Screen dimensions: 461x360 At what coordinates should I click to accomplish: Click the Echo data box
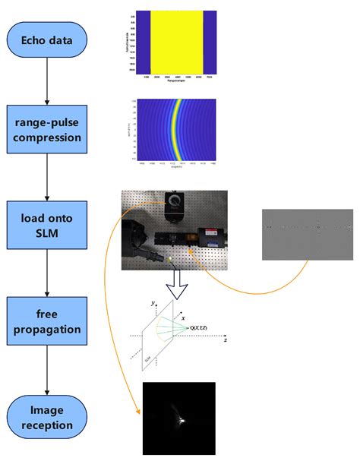coord(47,40)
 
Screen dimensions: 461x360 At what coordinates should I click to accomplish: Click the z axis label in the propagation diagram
coord(226,342)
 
